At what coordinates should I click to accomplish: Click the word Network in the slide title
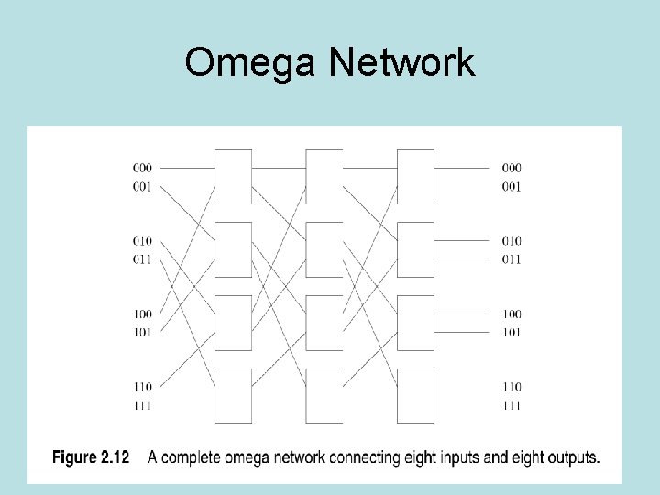point(401,63)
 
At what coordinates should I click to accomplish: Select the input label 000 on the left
point(142,168)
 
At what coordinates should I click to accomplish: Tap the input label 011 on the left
point(142,259)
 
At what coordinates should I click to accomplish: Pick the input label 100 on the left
point(142,313)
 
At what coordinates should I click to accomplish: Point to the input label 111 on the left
point(142,405)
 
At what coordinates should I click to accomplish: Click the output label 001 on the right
point(511,186)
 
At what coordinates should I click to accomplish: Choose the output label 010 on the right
point(511,241)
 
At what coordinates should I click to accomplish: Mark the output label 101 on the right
point(511,332)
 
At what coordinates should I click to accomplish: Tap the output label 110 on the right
point(511,387)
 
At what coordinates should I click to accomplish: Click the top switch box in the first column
point(233,176)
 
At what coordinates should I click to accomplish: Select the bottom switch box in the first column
point(233,395)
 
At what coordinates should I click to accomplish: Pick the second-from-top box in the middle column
point(324,249)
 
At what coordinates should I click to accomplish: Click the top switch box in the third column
point(415,176)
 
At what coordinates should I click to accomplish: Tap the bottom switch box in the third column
point(415,395)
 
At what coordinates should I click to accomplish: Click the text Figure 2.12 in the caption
point(91,456)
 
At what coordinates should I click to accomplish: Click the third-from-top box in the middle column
point(324,323)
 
